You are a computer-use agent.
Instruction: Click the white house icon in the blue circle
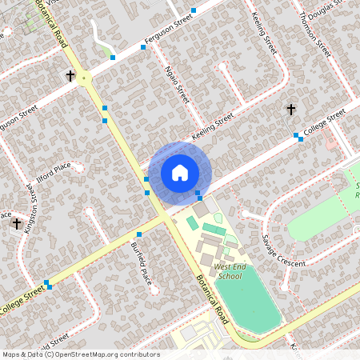[x=179, y=172]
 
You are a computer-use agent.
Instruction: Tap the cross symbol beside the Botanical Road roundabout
[x=70, y=76]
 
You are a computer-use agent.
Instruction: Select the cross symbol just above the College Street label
[x=290, y=109]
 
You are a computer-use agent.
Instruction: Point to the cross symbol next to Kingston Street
[x=16, y=224]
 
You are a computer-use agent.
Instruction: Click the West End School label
[x=229, y=271]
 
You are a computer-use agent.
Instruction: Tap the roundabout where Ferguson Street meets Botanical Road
[x=84, y=77]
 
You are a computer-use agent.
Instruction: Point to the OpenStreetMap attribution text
[x=81, y=354]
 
